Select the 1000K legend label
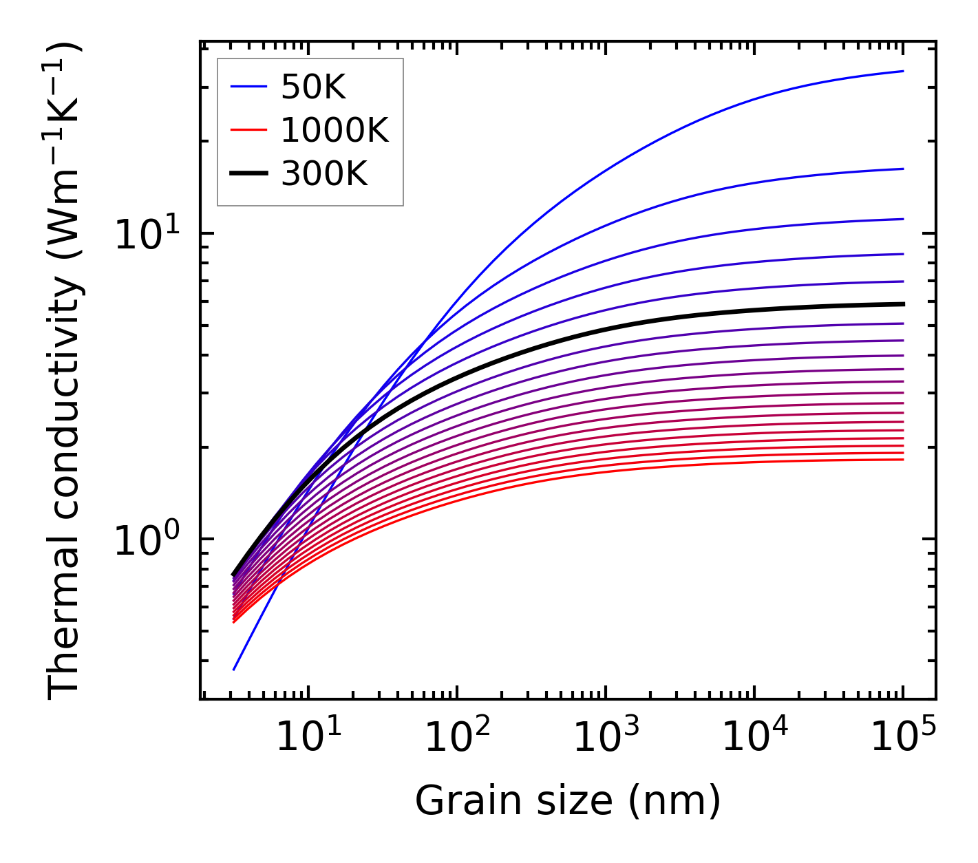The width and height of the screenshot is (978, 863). [334, 130]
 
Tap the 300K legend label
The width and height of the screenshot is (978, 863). [324, 174]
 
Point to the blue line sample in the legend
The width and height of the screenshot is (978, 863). [248, 87]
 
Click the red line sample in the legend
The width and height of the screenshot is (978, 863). [248, 130]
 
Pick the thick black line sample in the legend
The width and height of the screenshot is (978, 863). [248, 174]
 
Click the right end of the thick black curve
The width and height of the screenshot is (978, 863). [902, 303]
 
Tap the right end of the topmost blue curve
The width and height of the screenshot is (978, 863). [902, 71]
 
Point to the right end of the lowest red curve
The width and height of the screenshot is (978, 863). [902, 460]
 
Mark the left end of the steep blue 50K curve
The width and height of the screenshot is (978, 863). [234, 669]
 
